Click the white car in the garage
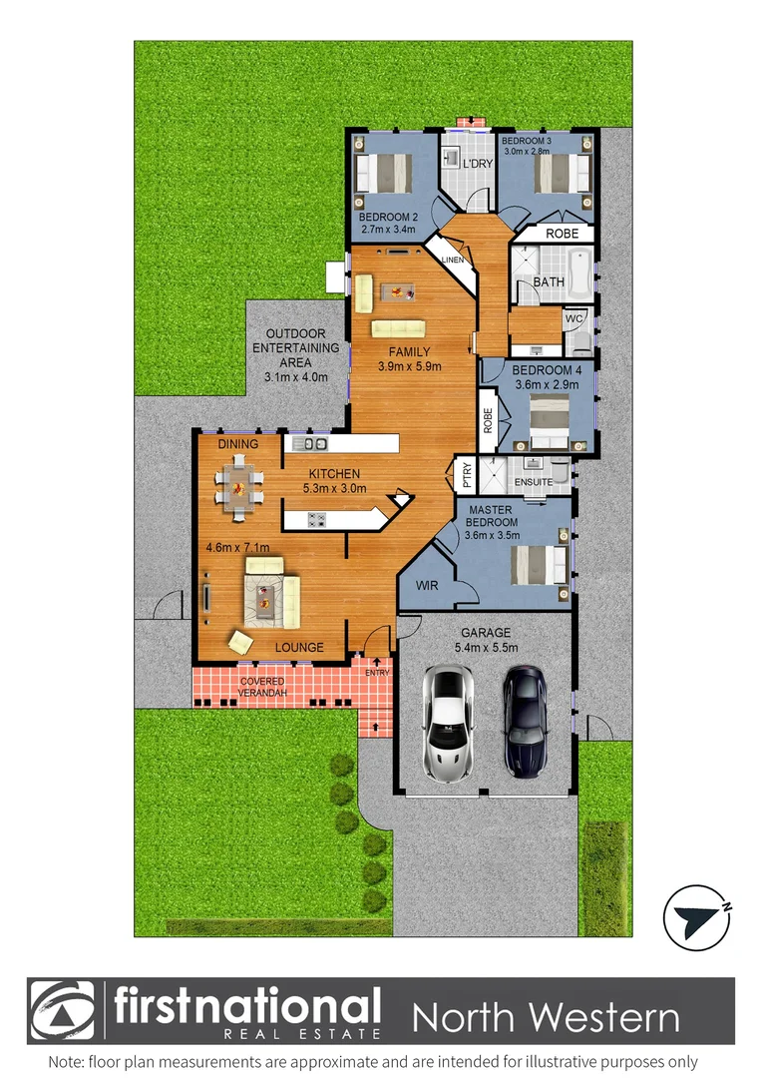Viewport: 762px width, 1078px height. click(x=448, y=723)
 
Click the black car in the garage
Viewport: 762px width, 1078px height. click(x=525, y=721)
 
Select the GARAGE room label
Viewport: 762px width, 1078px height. click(x=486, y=633)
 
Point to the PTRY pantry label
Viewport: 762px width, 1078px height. click(x=465, y=475)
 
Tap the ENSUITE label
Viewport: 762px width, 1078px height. click(x=534, y=482)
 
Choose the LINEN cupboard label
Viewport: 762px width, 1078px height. click(x=454, y=261)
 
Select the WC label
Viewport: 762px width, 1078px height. click(x=573, y=318)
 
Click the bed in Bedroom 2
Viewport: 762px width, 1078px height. click(x=384, y=173)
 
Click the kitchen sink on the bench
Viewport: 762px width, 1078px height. click(x=315, y=443)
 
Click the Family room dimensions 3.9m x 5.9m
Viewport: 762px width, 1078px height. click(x=410, y=366)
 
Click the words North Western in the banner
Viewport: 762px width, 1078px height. click(x=546, y=1018)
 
